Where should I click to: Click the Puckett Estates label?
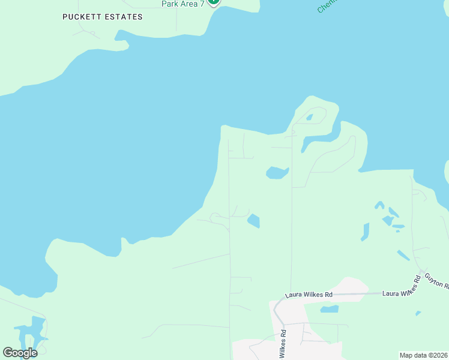point(103,17)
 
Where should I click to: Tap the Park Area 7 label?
point(182,4)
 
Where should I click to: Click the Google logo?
point(20,353)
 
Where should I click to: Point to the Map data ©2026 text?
point(423,355)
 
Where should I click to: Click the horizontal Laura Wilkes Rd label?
point(309,295)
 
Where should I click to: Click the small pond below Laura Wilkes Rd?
point(329,310)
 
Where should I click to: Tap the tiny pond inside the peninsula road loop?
point(309,118)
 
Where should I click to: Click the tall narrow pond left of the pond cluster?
point(365,232)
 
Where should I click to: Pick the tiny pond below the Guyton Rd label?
point(418,313)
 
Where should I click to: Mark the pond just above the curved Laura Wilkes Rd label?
point(403,255)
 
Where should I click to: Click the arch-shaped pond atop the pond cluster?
point(379,205)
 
